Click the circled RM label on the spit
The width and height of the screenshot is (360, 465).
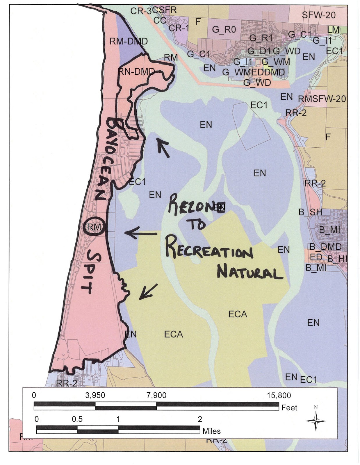[x=94, y=227]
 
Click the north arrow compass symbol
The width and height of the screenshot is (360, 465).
[x=316, y=420]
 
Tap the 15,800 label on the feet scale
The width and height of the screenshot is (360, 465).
[x=279, y=395]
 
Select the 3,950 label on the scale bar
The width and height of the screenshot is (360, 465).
[x=95, y=395]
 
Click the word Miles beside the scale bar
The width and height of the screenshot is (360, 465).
[x=211, y=431]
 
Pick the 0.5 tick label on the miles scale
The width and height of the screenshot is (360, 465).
[x=77, y=419]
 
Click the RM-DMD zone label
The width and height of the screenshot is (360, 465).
[x=129, y=41]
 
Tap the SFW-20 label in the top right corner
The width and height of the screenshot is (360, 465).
[x=318, y=15]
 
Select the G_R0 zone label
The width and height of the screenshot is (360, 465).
[x=224, y=29]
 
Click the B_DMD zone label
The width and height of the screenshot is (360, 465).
[x=325, y=247]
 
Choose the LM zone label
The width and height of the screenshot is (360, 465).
[x=333, y=30]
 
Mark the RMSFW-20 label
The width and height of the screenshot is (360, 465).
[x=322, y=99]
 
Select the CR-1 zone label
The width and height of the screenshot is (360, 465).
[x=179, y=28]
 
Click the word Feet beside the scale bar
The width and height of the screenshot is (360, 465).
[x=289, y=408]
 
